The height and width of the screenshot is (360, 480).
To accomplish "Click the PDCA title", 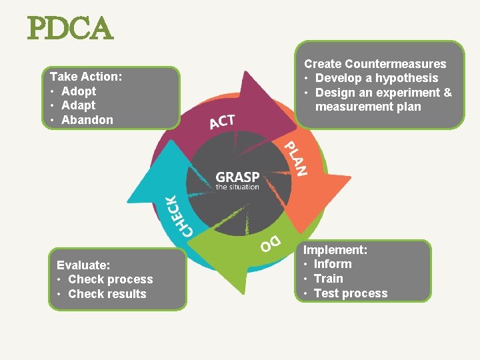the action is pos(70,29).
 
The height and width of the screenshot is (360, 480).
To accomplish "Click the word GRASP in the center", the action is pos(237,177).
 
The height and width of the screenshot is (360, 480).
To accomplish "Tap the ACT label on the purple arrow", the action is pos(222,122).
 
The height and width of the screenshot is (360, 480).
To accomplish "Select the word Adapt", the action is pos(78,105).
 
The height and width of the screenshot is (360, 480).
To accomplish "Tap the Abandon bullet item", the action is pos(87,120).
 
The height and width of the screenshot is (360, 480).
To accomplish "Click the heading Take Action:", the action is pos(86,77).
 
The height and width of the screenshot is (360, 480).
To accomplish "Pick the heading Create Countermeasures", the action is pos(375,64).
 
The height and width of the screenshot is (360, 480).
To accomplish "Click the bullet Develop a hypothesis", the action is pos(377,78).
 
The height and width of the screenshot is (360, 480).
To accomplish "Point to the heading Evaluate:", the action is pos(83,265).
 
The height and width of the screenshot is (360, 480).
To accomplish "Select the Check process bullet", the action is pos(110,279).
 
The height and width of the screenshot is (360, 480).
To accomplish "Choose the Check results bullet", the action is pos(107,294).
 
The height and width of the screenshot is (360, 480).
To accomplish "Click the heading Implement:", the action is pos(336,250).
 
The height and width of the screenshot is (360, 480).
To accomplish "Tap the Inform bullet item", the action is pos(333,264).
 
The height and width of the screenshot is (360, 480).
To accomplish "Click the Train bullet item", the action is pos(328,279).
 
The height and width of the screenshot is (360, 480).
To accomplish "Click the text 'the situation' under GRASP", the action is pos(237,187).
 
